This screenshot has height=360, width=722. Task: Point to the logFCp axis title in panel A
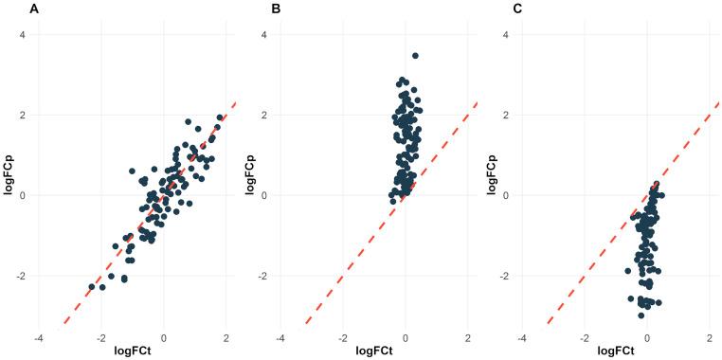click(9, 175)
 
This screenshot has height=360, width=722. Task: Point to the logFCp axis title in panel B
click(250, 175)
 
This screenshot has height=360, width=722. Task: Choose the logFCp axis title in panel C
click(492, 175)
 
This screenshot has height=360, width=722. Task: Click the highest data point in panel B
click(415, 56)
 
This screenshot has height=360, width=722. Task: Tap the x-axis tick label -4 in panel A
click(38, 337)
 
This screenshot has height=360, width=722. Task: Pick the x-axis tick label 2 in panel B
click(467, 337)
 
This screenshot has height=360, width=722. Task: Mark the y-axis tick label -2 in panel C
click(503, 277)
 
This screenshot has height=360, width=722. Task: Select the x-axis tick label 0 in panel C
click(647, 337)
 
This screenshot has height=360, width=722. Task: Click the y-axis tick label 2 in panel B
click(264, 116)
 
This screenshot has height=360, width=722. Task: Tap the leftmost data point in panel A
click(92, 286)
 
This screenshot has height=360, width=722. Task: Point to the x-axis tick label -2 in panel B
click(341, 337)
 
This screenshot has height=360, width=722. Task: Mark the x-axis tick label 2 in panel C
click(709, 337)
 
